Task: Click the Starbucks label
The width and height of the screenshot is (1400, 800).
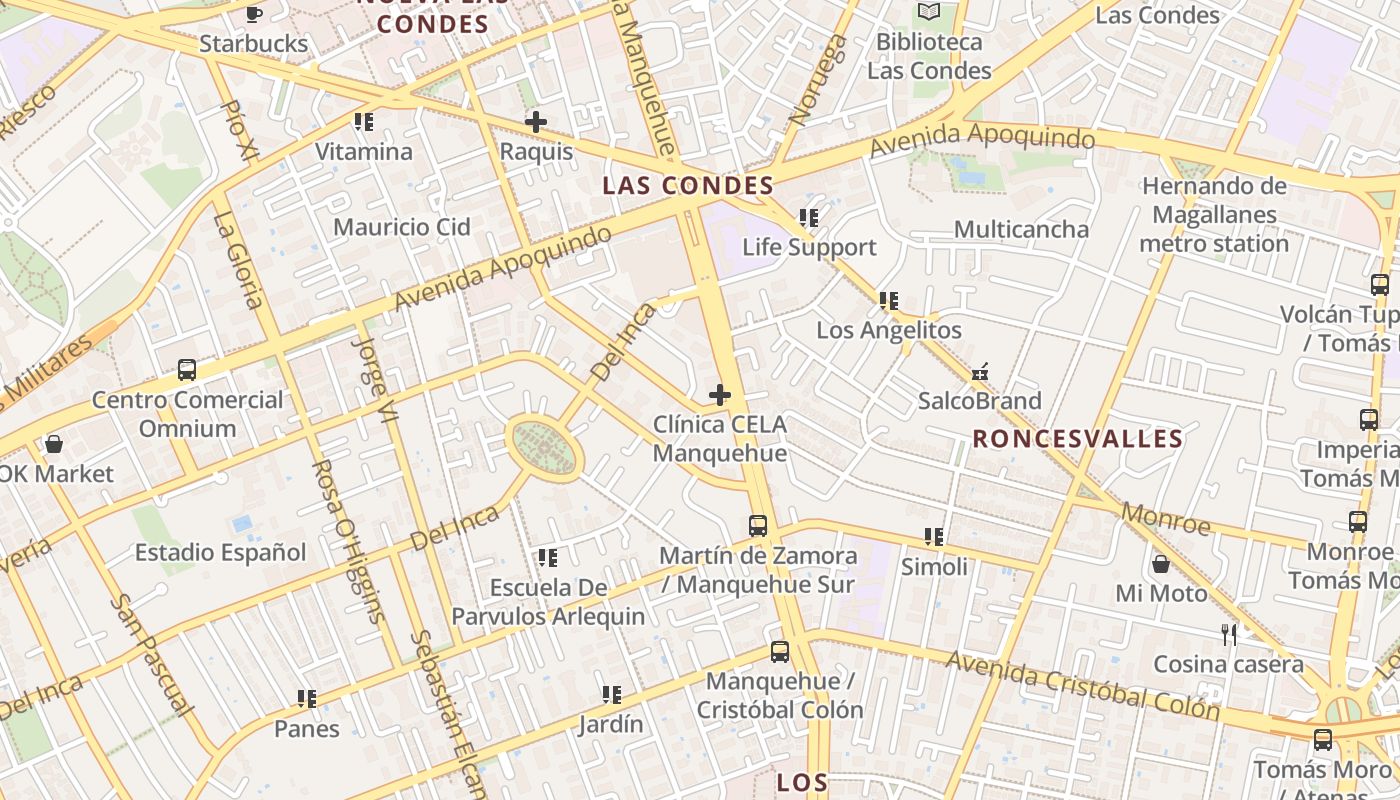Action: click(x=254, y=44)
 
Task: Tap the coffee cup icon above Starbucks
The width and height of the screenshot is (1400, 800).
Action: click(x=254, y=14)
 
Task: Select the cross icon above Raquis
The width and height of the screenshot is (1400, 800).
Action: click(x=536, y=122)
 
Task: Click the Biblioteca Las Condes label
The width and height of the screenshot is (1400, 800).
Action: click(x=929, y=56)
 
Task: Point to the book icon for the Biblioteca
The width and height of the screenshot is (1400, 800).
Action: click(x=929, y=12)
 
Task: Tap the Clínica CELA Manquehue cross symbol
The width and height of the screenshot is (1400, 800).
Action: click(x=719, y=395)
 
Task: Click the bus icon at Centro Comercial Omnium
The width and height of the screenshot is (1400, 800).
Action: click(x=187, y=370)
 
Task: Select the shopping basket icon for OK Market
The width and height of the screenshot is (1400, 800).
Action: click(x=54, y=443)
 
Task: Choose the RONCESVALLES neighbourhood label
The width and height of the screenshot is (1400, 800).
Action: click(x=1078, y=439)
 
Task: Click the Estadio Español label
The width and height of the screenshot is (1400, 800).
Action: click(x=221, y=552)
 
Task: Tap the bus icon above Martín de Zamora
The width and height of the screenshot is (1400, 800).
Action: click(x=758, y=525)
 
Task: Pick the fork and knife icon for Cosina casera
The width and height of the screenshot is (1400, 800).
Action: click(x=1229, y=634)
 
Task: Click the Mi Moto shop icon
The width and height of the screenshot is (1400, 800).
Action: click(x=1161, y=564)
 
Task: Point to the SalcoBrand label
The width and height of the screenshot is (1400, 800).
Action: click(x=979, y=401)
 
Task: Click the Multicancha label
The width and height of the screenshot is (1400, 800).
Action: click(x=1021, y=229)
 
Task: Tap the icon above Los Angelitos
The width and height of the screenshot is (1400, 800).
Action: click(x=888, y=300)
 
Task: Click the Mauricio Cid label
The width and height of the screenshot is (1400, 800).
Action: click(x=402, y=227)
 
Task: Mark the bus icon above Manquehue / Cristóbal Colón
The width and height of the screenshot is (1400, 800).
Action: click(x=780, y=652)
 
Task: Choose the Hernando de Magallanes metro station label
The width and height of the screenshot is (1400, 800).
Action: click(x=1214, y=215)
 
